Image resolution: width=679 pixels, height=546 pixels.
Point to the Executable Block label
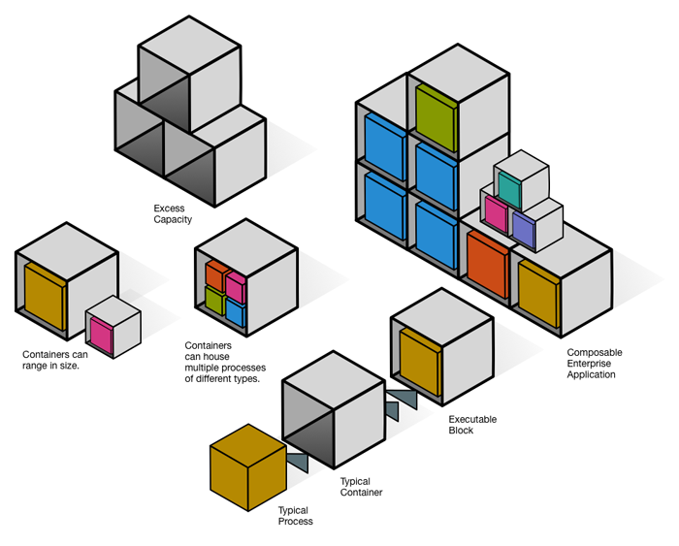pos(472,425)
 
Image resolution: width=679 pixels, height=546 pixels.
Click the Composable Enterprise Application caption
pos(594,363)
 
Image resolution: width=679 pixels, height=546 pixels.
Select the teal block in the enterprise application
pos(509,190)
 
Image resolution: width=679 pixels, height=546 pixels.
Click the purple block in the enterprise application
pos(523,230)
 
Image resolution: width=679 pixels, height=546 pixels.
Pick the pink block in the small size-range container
pos(101,330)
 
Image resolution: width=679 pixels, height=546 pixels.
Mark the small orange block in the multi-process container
pos(215,274)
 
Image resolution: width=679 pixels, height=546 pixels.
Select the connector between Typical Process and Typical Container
pos(298,462)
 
